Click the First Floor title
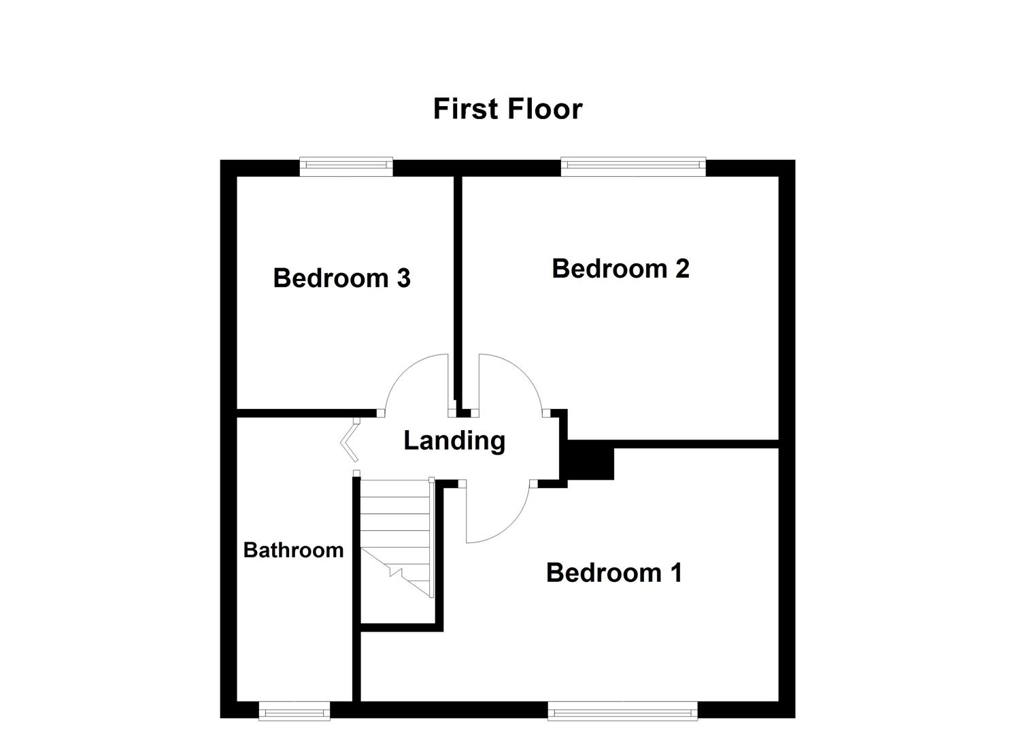tap(507, 109)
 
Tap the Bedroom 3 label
tap(341, 278)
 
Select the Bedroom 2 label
tap(620, 269)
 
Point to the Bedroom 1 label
tap(613, 573)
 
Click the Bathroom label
tap(293, 550)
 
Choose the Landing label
tap(454, 441)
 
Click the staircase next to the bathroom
tap(397, 538)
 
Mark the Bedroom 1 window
tap(622, 712)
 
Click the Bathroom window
tap(294, 712)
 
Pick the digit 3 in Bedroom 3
tap(403, 278)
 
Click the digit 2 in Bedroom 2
tap(681, 269)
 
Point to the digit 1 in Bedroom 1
tap(675, 573)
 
